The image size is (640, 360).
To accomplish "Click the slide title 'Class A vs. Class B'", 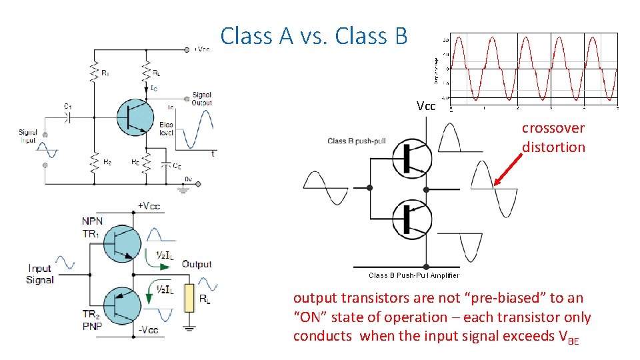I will tap(313, 36).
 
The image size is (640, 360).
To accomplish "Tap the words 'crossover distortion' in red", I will tap(553, 137).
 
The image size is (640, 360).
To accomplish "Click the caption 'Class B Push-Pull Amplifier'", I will tap(413, 275).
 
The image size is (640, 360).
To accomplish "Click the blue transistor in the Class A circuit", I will tap(136, 117).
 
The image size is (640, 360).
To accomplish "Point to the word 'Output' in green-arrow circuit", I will tap(197, 265).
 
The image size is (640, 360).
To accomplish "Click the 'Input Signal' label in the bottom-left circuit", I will tap(40, 274).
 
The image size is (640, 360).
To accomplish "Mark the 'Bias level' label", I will tap(167, 129).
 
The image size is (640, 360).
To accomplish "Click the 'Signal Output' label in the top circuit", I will tap(201, 99).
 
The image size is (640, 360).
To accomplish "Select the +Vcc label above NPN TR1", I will tap(148, 207).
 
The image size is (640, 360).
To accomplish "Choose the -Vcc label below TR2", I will tap(148, 330).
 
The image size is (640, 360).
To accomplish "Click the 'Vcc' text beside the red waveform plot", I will tap(426, 106).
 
